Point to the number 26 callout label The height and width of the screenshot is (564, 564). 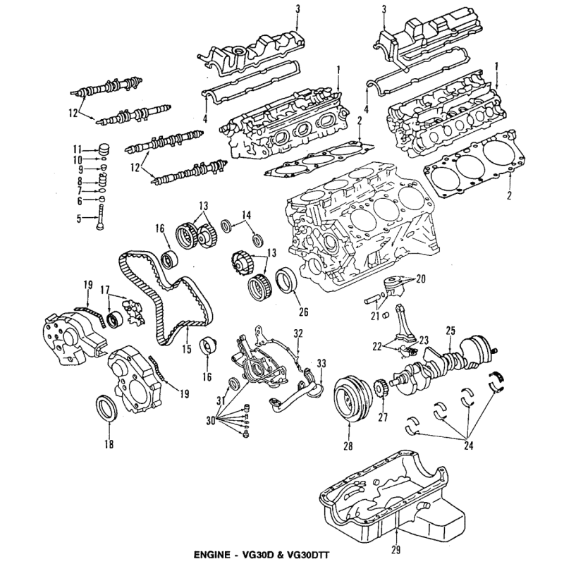(304, 312)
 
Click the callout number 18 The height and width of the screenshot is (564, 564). (109, 444)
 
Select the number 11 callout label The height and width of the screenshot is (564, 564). (78, 149)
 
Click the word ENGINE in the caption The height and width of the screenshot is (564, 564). (212, 555)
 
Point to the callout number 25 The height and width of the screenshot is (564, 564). (450, 330)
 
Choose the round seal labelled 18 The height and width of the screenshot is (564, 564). (107, 408)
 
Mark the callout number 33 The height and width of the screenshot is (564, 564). (321, 364)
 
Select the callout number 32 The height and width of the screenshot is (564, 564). (298, 333)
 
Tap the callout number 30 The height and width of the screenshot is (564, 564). (211, 420)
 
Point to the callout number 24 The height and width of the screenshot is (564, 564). (468, 446)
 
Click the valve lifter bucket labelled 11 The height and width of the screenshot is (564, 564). (104, 149)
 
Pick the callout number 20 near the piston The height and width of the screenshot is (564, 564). (420, 278)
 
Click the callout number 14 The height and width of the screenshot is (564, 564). (246, 215)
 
